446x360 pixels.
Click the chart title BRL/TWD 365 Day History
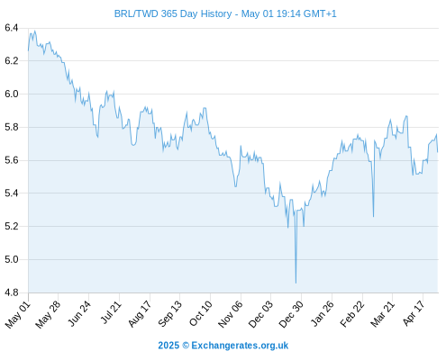(173, 13)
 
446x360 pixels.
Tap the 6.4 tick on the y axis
(12, 28)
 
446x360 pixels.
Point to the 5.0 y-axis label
(12, 259)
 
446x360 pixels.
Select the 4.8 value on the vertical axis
(12, 292)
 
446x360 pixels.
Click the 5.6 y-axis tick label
(12, 160)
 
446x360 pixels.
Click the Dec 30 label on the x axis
(291, 314)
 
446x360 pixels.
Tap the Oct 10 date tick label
(201, 313)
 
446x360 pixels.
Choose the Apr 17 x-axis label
(414, 313)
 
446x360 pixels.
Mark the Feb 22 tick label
(352, 314)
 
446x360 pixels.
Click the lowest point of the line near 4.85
(296, 283)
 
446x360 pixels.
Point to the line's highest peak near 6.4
(35, 31)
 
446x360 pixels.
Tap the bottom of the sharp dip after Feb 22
(373, 217)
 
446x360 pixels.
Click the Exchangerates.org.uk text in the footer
(240, 346)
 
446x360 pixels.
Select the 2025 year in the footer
(168, 346)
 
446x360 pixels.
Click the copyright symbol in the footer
(186, 346)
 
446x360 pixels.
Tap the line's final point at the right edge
(438, 152)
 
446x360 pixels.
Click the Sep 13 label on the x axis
(170, 314)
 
